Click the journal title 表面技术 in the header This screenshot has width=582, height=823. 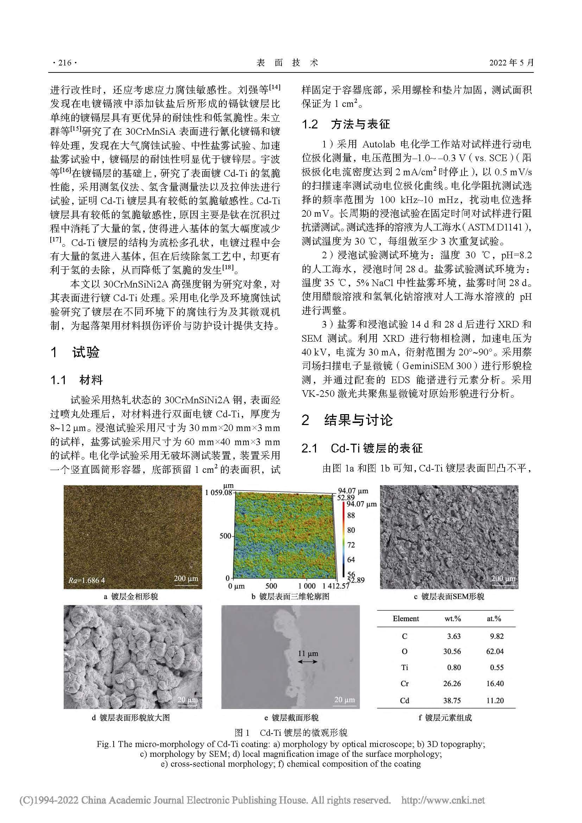[x=287, y=63]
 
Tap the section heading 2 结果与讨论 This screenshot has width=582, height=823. [x=347, y=420]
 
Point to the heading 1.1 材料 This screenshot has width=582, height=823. [x=77, y=380]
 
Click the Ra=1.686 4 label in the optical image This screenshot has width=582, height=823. [x=87, y=580]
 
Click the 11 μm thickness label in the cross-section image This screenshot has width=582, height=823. [x=308, y=653]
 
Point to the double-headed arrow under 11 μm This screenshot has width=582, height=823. [x=308, y=662]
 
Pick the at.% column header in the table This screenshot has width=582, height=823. [x=494, y=619]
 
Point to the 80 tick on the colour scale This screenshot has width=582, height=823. [x=351, y=530]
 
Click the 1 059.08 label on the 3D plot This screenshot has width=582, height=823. [x=219, y=493]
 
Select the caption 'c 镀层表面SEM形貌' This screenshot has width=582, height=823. [x=449, y=596]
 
